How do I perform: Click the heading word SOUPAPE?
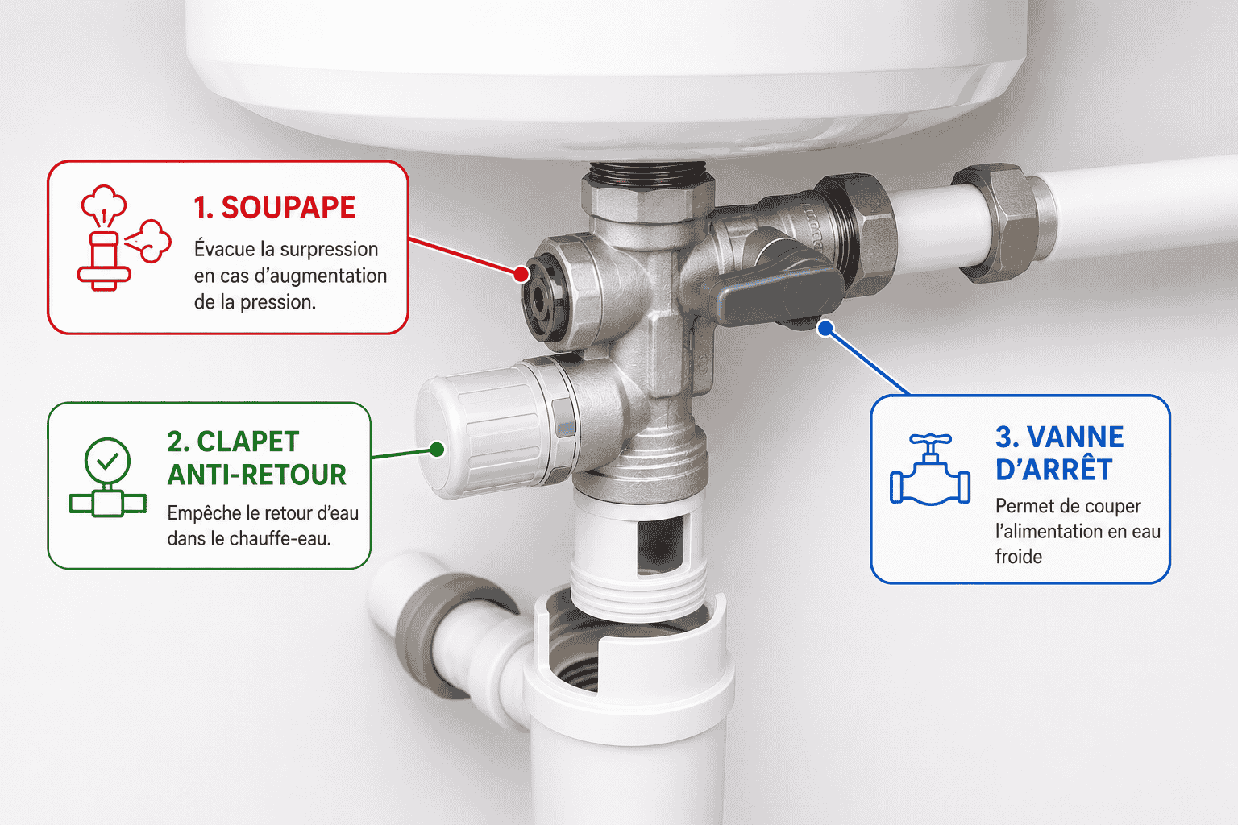click(288, 208)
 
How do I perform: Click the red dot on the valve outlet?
click(521, 274)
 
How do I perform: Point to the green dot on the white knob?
click(437, 449)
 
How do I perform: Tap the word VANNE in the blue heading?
click(1075, 437)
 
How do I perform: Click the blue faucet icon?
click(930, 470)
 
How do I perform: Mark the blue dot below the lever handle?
click(825, 329)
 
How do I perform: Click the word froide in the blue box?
click(1019, 557)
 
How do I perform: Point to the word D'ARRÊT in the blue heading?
click(1053, 470)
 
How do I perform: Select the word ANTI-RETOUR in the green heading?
click(257, 475)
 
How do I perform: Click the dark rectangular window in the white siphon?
click(660, 546)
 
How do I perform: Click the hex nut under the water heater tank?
click(648, 199)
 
